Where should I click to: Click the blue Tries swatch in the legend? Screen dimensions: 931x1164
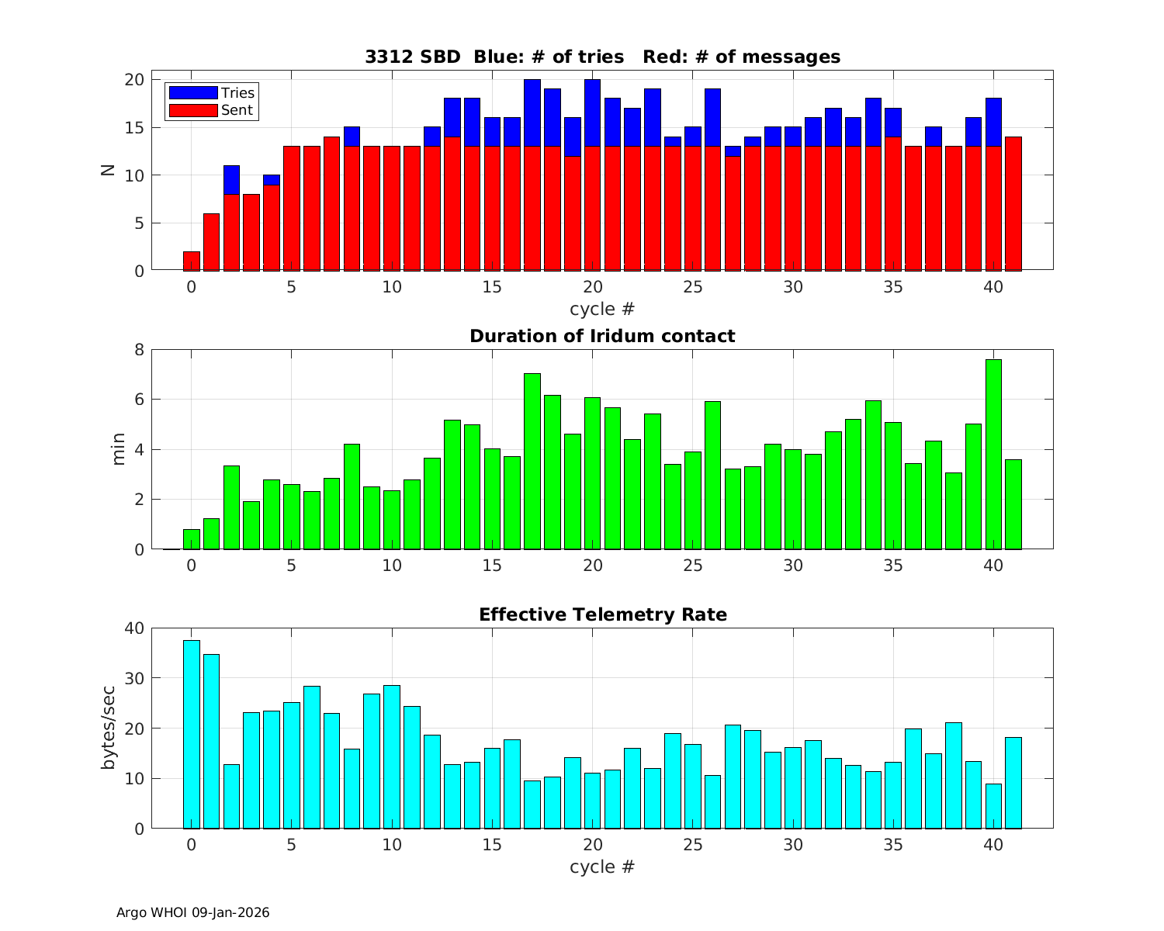tap(193, 92)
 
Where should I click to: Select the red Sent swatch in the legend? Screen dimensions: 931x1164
tap(193, 110)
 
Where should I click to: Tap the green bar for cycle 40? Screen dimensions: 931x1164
tap(993, 454)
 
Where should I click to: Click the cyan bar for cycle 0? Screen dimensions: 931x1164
tap(192, 734)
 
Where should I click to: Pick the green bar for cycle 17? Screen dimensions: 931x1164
tap(532, 461)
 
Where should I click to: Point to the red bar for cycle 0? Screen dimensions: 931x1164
tap(192, 261)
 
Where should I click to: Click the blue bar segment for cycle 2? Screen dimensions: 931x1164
tap(231, 180)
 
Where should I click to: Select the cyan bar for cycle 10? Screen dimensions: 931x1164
tap(392, 756)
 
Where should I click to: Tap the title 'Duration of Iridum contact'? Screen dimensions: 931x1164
tap(602, 336)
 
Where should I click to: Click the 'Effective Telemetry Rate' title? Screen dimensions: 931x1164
tap(602, 614)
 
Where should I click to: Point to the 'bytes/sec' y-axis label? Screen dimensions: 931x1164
tap(109, 728)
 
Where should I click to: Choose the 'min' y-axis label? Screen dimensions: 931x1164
tap(118, 449)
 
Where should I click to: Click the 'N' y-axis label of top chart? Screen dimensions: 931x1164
tap(108, 170)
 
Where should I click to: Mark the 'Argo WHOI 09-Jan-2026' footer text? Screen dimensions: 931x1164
tap(192, 912)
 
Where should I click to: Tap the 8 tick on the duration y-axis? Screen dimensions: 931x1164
tap(140, 349)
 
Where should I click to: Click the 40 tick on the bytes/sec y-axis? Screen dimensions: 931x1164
tap(135, 628)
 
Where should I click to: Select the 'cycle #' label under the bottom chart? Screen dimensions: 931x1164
tap(602, 867)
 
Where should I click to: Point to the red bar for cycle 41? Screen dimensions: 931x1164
tap(1013, 203)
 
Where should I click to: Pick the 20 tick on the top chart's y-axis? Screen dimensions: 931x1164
tap(135, 80)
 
